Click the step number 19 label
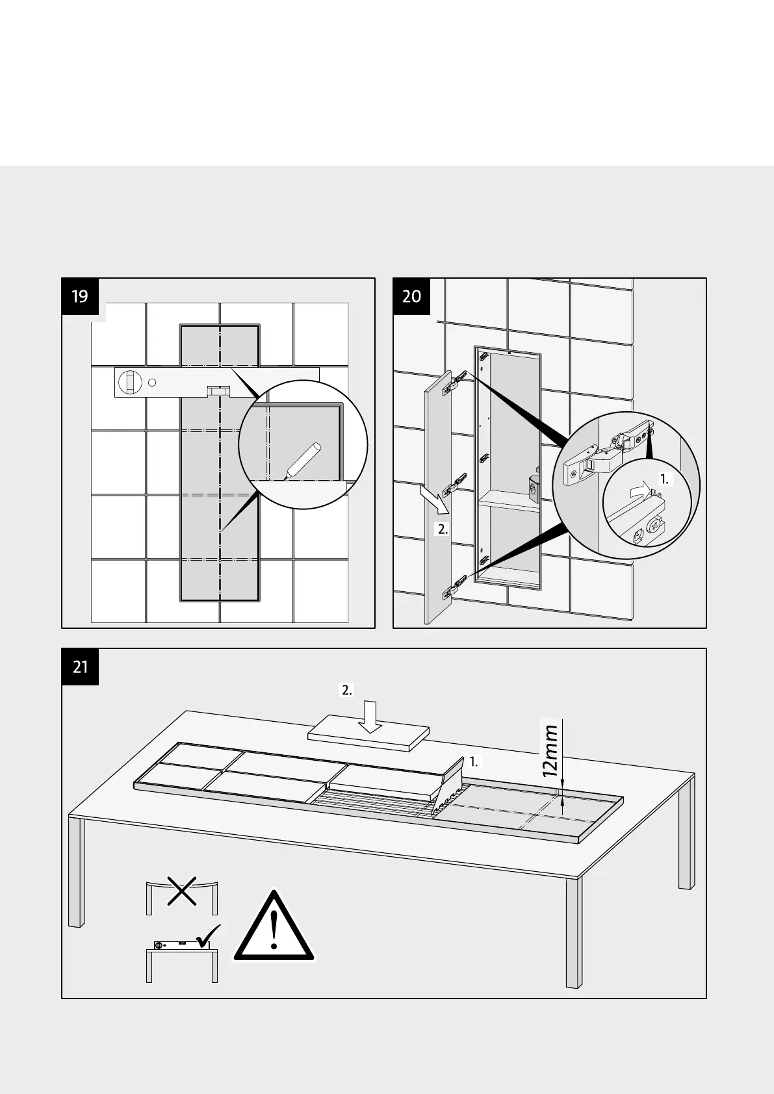pos(80,297)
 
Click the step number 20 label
pos(411,297)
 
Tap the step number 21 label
pos(80,667)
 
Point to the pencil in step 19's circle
pos(300,460)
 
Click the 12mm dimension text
pos(550,751)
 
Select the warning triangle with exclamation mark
pos(274,927)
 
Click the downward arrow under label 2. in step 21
pos(370,717)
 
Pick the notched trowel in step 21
pos(450,786)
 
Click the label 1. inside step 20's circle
pos(664,479)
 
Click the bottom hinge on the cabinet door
pos(454,587)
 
